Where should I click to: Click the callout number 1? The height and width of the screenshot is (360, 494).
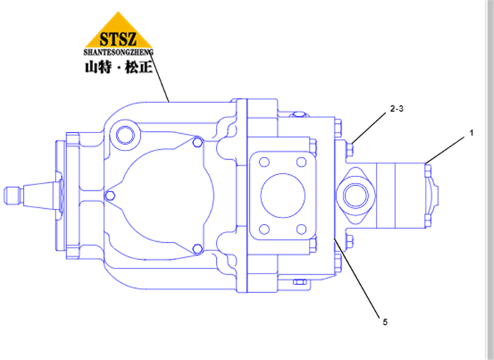471,133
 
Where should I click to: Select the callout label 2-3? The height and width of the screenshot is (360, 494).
397,109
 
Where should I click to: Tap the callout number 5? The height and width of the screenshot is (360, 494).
385,323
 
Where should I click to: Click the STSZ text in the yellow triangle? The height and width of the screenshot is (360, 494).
118,39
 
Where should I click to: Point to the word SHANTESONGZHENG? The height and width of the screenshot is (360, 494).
118,53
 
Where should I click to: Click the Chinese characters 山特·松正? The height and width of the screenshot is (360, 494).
118,68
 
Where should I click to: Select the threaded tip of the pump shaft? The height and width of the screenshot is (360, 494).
13,195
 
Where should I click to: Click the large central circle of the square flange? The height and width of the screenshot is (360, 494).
283,196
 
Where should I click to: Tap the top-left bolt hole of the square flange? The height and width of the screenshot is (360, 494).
264,162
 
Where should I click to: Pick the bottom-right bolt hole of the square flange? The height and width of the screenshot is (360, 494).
302,229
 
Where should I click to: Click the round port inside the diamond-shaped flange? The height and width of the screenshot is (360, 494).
356,195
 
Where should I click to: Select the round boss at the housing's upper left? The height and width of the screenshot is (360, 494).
125,135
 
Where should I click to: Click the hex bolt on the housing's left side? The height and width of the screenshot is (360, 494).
109,196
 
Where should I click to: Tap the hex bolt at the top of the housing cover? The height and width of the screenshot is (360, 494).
197,142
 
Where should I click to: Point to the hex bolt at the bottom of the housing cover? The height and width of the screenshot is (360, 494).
197,249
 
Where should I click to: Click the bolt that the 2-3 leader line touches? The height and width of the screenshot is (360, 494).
349,149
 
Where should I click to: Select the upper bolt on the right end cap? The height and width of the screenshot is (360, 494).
428,171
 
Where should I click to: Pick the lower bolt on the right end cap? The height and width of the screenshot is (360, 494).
428,220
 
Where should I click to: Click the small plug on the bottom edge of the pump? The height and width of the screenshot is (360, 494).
300,282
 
